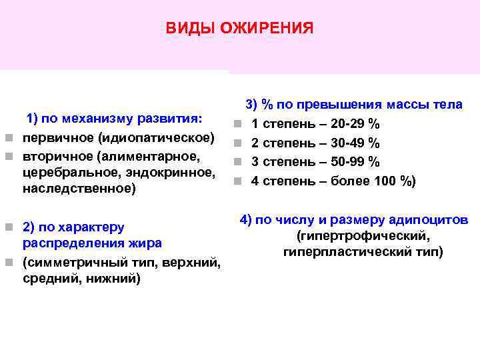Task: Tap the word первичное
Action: point(59,138)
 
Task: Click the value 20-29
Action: point(351,124)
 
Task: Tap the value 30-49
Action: point(351,143)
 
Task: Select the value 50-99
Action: point(351,161)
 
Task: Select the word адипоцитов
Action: point(431,220)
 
